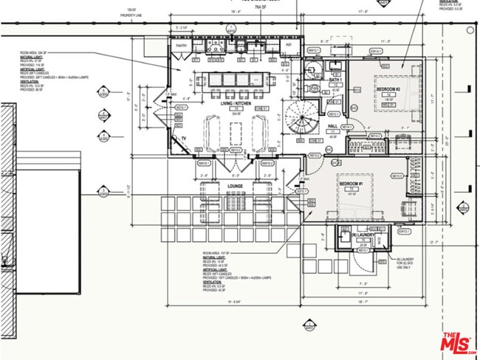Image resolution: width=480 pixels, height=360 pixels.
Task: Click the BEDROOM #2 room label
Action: pos(388,89)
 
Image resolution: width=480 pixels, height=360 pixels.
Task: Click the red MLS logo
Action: pos(458,342)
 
